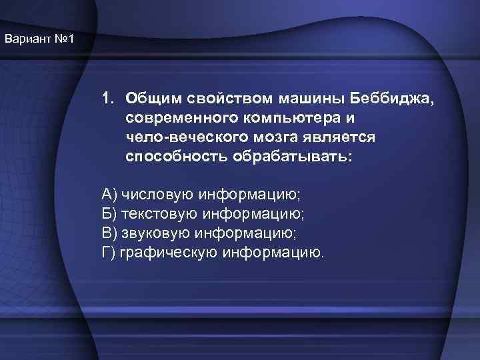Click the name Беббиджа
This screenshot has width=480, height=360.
coord(391,99)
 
